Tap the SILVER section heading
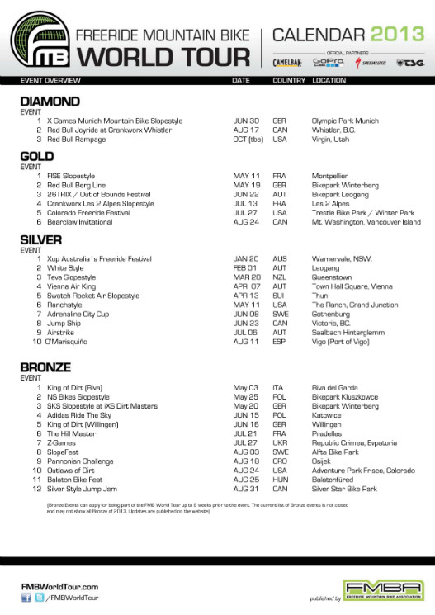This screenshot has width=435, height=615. [x=42, y=240]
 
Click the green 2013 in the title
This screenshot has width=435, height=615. [x=398, y=35]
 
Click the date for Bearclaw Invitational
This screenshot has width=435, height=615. [x=246, y=222]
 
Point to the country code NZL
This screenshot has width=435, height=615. [x=279, y=277]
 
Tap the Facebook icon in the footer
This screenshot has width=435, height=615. [x=26, y=598]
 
